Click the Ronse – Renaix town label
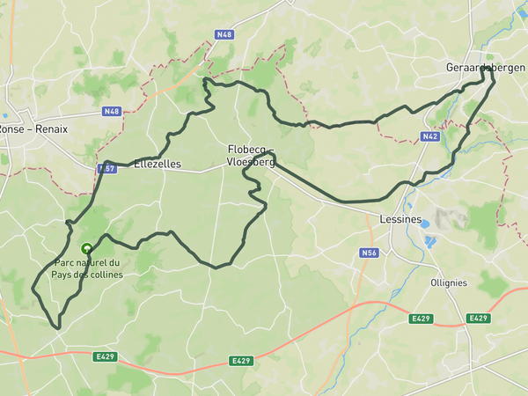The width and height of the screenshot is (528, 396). point(34,128)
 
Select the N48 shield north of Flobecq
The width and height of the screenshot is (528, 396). point(224,35)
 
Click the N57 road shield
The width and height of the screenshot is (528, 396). point(106,167)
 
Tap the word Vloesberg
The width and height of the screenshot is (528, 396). point(251,164)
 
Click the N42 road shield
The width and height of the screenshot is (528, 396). point(429,136)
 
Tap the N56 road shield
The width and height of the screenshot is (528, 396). point(369,253)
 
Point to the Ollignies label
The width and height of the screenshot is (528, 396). point(473,282)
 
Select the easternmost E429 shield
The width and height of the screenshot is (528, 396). point(478,318)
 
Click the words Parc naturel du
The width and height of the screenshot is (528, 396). point(86,263)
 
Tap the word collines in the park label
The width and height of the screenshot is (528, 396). point(106,275)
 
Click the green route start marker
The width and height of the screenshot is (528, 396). point(86,249)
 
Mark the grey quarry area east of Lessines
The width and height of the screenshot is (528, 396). point(444,218)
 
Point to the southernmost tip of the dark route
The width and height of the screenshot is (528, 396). point(59,329)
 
